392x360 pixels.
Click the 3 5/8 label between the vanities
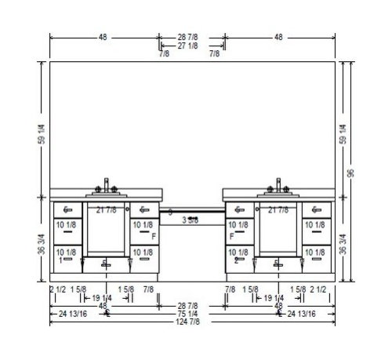[x=191, y=220]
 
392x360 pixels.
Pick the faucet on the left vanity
[x=107, y=185]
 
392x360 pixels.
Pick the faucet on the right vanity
[x=278, y=185]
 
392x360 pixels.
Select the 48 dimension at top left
[x=103, y=36]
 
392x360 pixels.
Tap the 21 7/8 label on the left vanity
[x=106, y=210]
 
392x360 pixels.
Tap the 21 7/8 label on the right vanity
[x=278, y=210]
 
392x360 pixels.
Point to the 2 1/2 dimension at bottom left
[x=56, y=289]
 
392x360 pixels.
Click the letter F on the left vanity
[x=154, y=235]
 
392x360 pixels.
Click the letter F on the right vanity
[x=232, y=235]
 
